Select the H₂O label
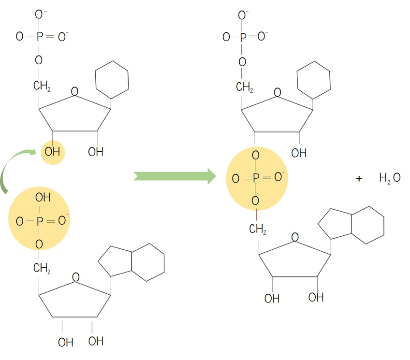click(x=390, y=178)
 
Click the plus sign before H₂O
click(x=359, y=179)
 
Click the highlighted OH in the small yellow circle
click(x=52, y=152)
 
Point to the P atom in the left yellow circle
click(x=40, y=222)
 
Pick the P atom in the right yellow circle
click(x=256, y=178)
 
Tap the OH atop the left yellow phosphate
click(x=43, y=198)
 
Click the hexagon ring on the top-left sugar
click(x=112, y=77)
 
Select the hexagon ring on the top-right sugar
click(x=313, y=78)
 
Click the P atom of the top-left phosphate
click(x=39, y=36)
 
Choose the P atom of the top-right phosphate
click(x=243, y=36)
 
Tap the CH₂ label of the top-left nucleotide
click(x=42, y=86)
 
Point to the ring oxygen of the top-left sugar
click(x=74, y=91)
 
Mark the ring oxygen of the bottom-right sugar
click(x=295, y=237)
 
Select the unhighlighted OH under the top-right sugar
click(x=299, y=153)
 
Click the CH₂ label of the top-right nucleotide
click(x=245, y=87)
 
